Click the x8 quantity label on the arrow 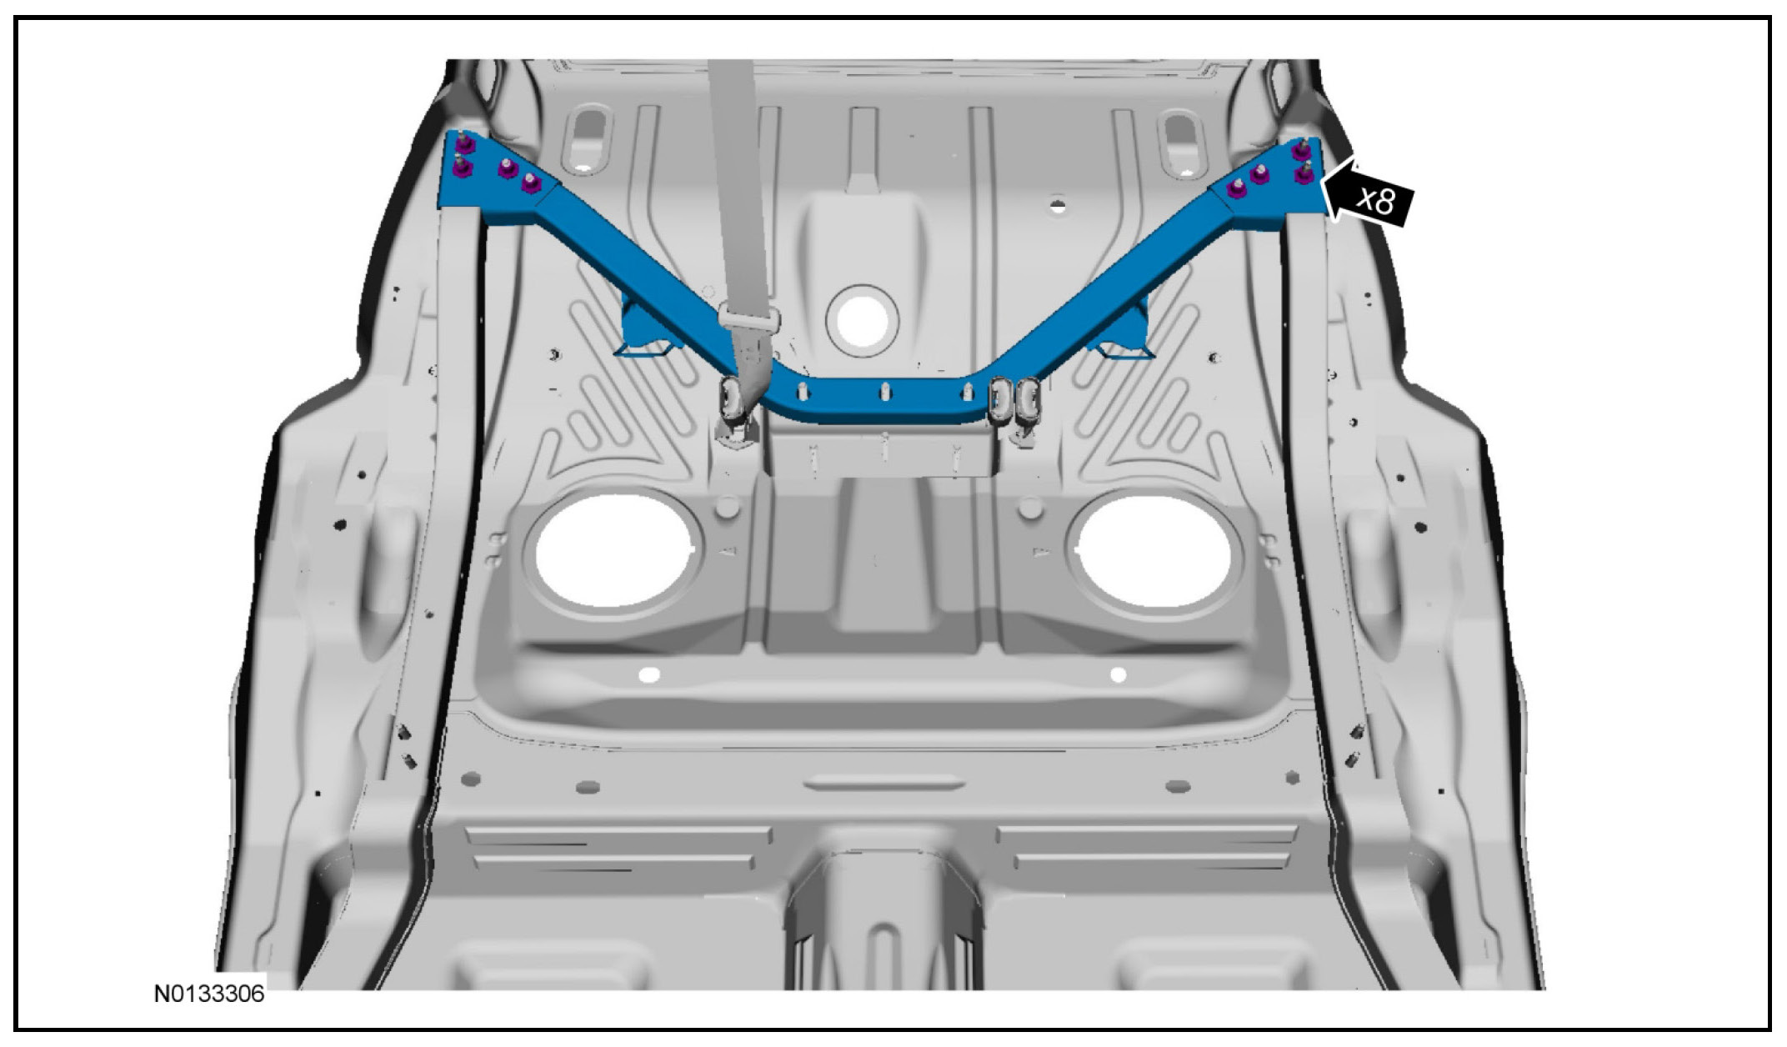tap(1374, 201)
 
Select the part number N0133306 tap(209, 994)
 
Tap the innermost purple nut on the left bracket tap(528, 183)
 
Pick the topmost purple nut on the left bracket tap(460, 147)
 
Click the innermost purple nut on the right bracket tap(1235, 191)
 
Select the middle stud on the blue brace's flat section tap(884, 390)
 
